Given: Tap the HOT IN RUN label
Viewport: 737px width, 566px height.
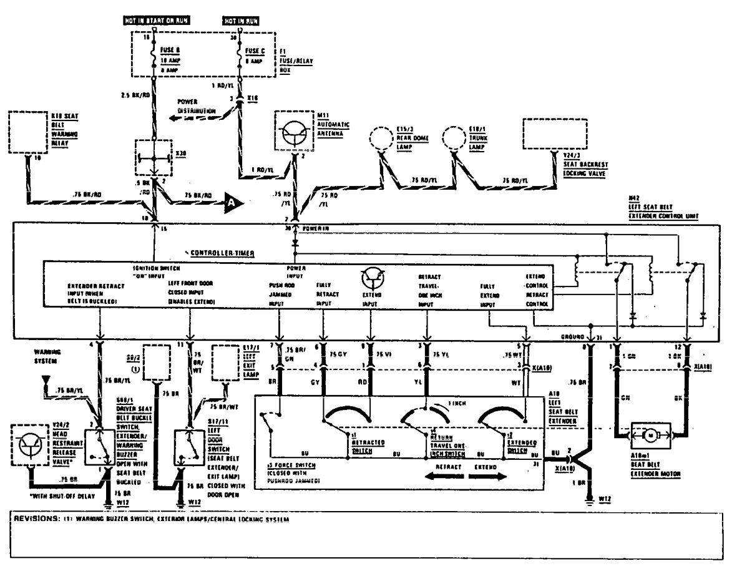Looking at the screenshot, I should [x=241, y=21].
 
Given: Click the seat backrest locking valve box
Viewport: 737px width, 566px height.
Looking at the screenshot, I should [x=554, y=133].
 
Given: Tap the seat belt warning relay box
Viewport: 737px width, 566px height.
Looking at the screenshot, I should [x=28, y=133].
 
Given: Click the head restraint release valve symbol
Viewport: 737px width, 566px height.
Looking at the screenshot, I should [x=29, y=444].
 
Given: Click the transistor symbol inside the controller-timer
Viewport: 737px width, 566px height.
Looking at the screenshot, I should [x=373, y=277].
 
